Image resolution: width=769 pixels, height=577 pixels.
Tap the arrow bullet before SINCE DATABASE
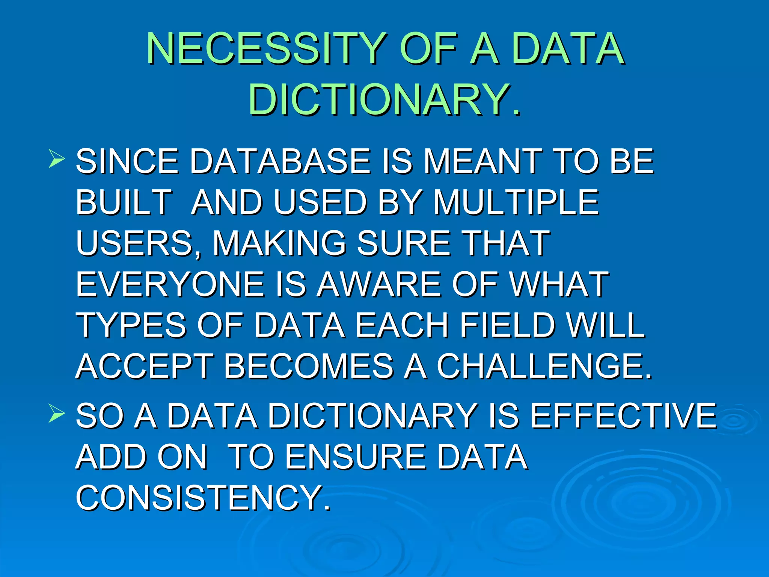click(56, 159)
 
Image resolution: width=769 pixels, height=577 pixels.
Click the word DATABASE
click(280, 162)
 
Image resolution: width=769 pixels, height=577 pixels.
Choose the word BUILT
click(124, 202)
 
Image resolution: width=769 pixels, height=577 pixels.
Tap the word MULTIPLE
click(516, 202)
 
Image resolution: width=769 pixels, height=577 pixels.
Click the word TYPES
click(131, 325)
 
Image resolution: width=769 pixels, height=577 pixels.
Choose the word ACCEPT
click(145, 366)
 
